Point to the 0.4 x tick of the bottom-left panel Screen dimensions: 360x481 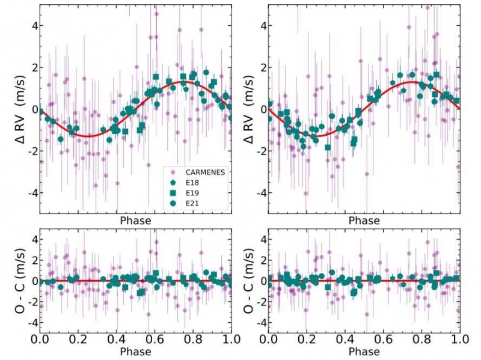(x=117, y=340)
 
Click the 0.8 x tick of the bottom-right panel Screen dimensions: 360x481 (x=421, y=340)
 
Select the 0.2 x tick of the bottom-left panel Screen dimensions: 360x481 (x=78, y=340)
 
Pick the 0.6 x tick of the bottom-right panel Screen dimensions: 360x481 (x=383, y=340)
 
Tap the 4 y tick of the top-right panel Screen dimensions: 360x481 (x=262, y=26)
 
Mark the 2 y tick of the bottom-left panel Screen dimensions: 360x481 (x=34, y=260)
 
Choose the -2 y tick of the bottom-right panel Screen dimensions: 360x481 (x=259, y=302)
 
